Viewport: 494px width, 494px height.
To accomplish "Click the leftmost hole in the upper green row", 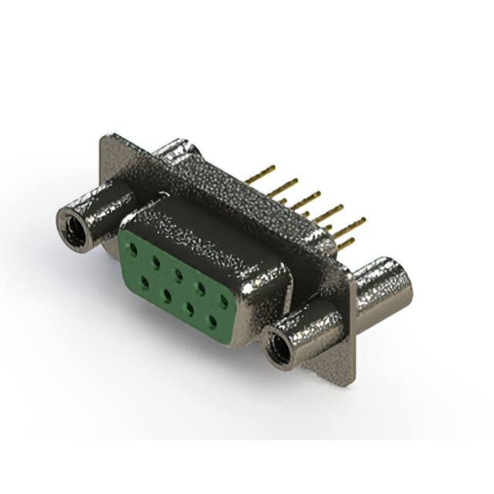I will (134, 249).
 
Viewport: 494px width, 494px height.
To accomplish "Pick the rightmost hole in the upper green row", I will (223, 299).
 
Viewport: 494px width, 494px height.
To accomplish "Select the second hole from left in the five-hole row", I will (156, 262).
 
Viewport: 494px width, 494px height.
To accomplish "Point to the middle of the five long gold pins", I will (306, 198).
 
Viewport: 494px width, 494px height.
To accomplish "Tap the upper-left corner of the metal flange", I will (107, 139).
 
